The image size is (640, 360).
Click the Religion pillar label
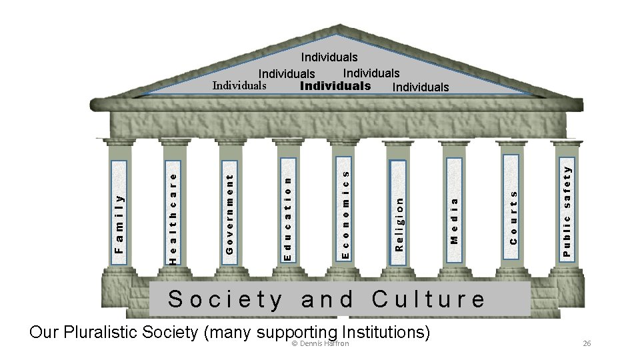coord(399,223)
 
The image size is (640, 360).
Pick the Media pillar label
coord(454,219)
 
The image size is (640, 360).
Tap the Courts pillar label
coord(513,217)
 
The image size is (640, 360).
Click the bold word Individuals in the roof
coord(335,86)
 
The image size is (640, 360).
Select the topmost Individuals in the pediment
coord(329,58)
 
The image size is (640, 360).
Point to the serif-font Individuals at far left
coord(239,86)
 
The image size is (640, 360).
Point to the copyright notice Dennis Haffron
coord(320,343)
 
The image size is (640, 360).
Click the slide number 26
coord(587,343)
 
